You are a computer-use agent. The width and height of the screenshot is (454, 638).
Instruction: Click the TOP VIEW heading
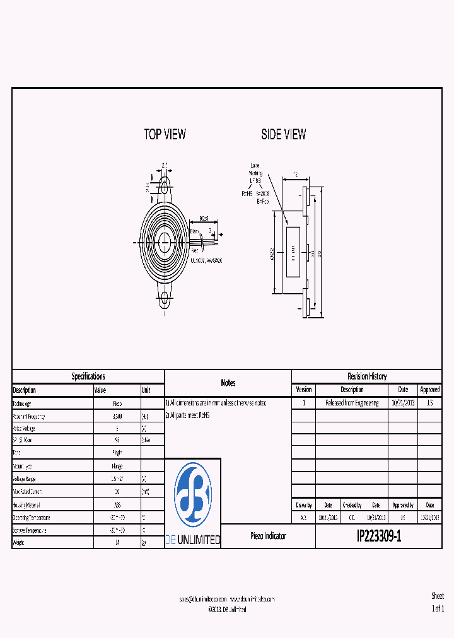165,134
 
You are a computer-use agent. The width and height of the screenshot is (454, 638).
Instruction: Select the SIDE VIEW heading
283,134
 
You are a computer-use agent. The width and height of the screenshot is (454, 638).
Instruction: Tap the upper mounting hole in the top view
165,187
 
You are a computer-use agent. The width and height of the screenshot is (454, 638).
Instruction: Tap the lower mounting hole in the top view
165,299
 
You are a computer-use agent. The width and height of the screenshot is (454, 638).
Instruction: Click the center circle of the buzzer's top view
165,242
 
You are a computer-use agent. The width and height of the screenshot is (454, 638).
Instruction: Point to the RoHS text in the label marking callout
247,194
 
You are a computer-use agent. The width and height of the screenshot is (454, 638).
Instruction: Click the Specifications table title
88,376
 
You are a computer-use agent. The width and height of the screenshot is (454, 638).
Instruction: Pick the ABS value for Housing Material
117,505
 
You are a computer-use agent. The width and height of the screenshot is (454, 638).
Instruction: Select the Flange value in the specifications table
117,466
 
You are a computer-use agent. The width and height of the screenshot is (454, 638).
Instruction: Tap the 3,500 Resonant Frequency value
117,416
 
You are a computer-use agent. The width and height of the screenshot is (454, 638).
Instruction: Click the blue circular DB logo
192,495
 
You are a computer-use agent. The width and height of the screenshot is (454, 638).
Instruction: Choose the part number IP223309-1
378,536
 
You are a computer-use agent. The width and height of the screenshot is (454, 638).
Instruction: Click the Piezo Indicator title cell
268,536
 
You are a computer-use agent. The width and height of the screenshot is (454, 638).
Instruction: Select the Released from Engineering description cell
352,403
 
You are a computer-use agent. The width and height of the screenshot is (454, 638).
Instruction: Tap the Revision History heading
367,376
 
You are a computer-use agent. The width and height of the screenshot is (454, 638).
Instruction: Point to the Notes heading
228,383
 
